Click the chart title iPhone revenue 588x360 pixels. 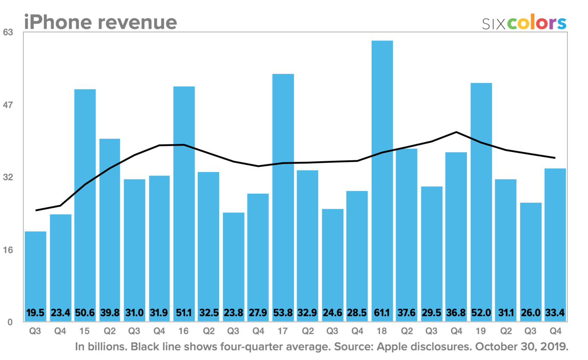100,22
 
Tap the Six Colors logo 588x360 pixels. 524,23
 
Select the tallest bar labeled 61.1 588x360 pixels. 382,173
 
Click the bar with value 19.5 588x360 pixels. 35,272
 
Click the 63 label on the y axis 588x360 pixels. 9,32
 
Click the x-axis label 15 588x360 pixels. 85,332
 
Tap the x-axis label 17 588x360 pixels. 283,332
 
